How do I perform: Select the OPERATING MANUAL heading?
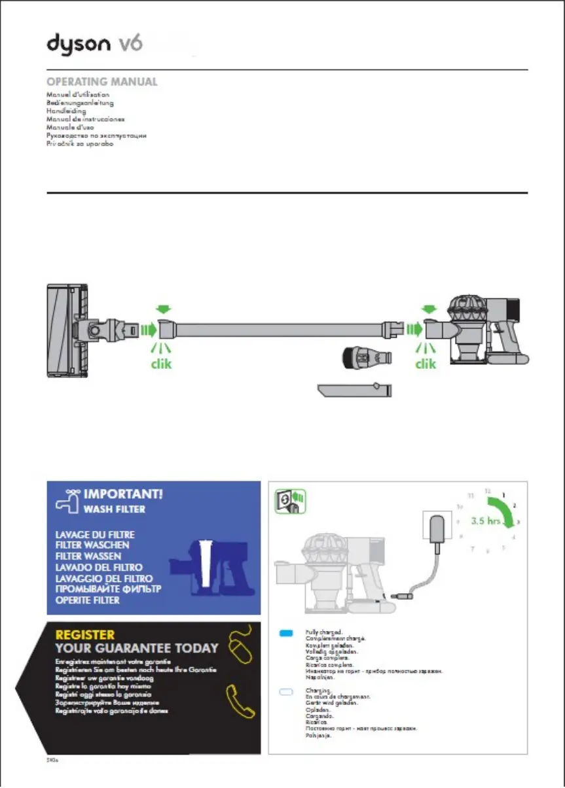pyautogui.click(x=101, y=82)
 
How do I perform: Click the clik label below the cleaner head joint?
pyautogui.click(x=161, y=364)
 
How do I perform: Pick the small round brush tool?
pyautogui.click(x=367, y=358)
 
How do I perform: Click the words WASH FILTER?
pyautogui.click(x=114, y=509)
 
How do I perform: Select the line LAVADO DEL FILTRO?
pyautogui.click(x=99, y=568)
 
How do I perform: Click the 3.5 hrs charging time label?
pyautogui.click(x=485, y=522)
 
